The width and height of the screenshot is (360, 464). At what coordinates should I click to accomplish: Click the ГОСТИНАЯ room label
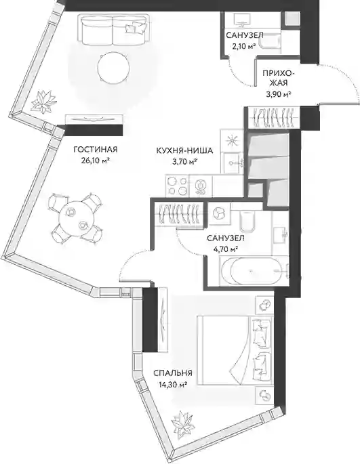[96, 150]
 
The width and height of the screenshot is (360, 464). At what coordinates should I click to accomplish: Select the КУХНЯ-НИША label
[185, 151]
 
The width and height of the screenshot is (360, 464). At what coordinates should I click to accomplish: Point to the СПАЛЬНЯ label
[173, 373]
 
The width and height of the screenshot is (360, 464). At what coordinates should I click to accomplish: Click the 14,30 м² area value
[172, 384]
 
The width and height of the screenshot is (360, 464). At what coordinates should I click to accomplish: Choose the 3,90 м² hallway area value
[278, 94]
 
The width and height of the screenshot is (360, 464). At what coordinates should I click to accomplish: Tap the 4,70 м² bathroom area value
[226, 249]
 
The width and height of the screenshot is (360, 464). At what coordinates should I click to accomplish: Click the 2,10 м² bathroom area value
[245, 46]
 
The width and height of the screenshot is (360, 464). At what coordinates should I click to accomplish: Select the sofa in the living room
[113, 30]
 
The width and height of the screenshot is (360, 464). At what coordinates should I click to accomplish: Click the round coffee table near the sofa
[113, 68]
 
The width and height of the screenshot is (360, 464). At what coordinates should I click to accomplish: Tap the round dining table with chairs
[75, 218]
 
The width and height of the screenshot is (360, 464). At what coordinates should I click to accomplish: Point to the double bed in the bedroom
[235, 350]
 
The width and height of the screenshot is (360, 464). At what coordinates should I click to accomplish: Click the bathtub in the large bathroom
[254, 271]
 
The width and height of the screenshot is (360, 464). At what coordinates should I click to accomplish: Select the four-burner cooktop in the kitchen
[177, 186]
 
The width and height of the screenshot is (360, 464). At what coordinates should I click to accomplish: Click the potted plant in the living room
[44, 102]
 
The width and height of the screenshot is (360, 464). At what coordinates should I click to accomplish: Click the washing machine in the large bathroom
[219, 213]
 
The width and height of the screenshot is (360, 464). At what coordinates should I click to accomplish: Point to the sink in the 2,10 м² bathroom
[242, 20]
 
